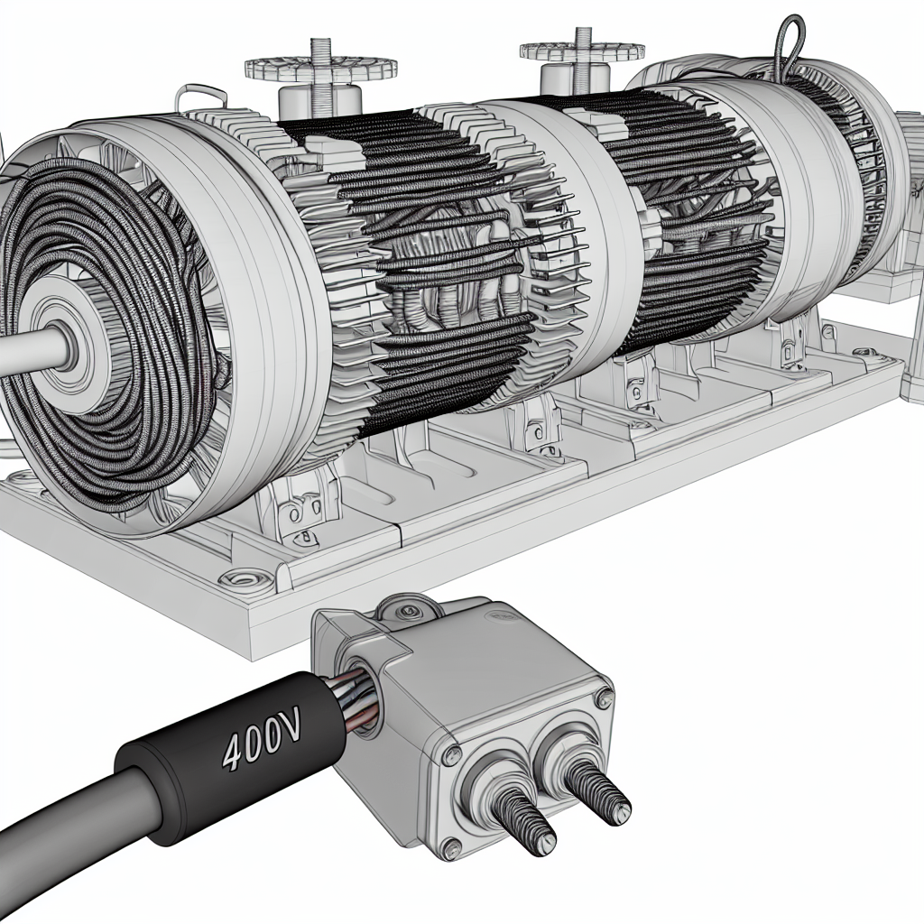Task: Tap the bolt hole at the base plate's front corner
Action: (242, 577)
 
